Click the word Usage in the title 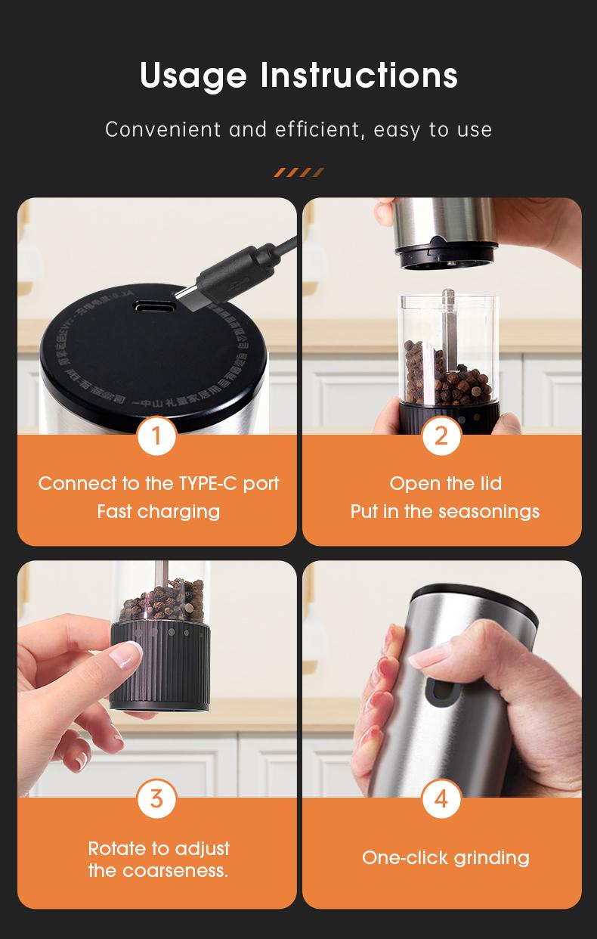pos(193,76)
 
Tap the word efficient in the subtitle pos(319,129)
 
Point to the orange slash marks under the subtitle pos(298,172)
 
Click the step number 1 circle pos(156,436)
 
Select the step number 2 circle pos(441,435)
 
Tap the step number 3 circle pos(156,798)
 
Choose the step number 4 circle pos(441,798)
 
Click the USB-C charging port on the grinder pos(154,308)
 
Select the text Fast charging pos(158,511)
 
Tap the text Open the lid pos(445,483)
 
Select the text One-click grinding pos(445,857)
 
